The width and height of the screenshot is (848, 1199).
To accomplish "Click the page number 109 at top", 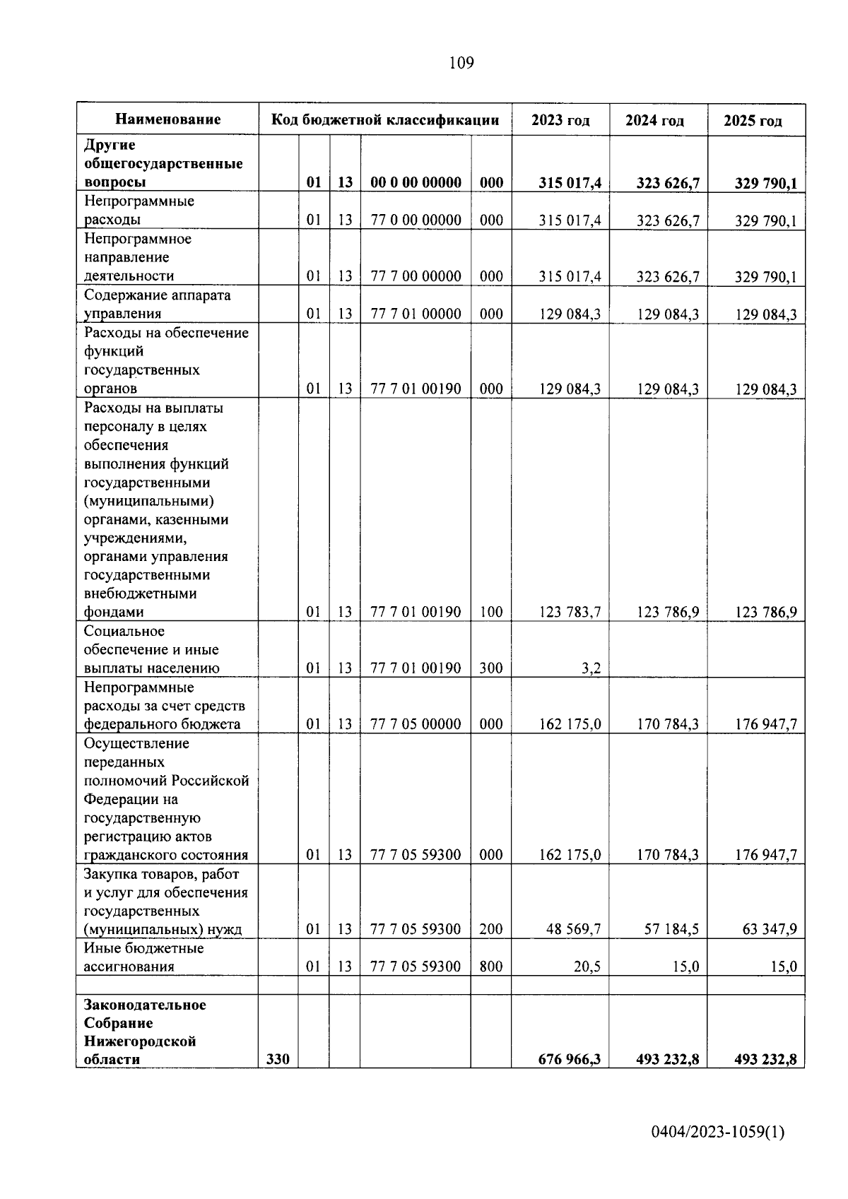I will pos(461,64).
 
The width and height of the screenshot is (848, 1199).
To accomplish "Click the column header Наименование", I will pos(167,119).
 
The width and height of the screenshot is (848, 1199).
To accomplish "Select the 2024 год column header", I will pos(655,121).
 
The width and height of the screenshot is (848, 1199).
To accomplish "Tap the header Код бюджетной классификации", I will pos(386,120).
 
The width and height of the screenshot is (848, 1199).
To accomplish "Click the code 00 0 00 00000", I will pos(416,183).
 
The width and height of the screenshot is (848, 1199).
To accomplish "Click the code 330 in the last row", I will pos(278,1059).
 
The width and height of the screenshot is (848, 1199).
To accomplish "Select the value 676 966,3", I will pos(569,1059).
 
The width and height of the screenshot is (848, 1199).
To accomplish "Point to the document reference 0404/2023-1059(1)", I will pos(717,1133).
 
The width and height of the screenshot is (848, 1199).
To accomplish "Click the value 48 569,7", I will pos(573,929).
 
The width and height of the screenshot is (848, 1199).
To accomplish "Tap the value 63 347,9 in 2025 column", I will pos(770,929).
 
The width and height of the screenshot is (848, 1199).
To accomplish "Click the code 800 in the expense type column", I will pos(491,967).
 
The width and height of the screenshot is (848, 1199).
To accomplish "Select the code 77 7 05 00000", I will pos(416,724).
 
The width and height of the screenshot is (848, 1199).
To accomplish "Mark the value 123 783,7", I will pos(570,613).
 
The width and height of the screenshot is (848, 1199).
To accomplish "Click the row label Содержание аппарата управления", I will pos(158,305).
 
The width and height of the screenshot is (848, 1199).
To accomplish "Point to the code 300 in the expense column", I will pos(491,668).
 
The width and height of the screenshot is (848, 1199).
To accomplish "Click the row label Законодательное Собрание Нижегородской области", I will pos(145,1032).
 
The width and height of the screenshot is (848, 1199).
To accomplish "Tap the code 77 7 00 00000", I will pos(416,276).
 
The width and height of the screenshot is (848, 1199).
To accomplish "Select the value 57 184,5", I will pos(671,929).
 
